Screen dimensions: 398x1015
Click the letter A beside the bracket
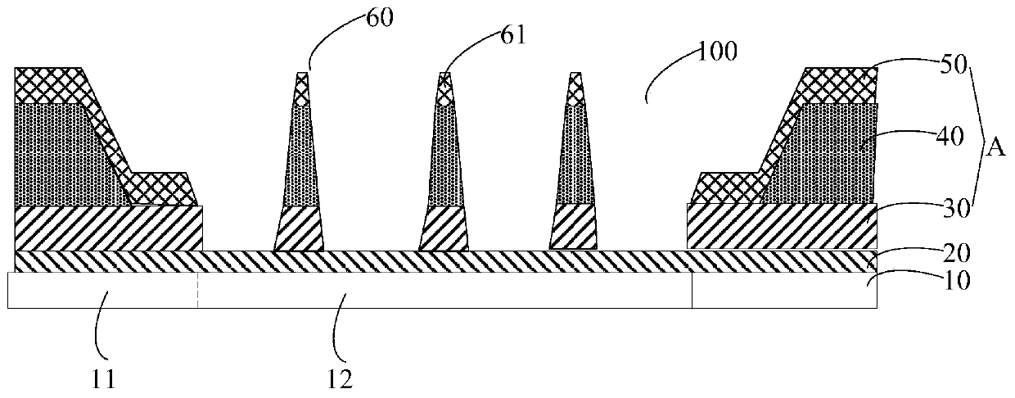[997, 148]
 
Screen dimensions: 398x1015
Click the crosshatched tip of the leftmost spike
[301, 88]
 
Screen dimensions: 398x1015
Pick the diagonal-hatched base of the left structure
[106, 228]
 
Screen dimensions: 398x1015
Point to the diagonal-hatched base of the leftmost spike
[298, 229]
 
